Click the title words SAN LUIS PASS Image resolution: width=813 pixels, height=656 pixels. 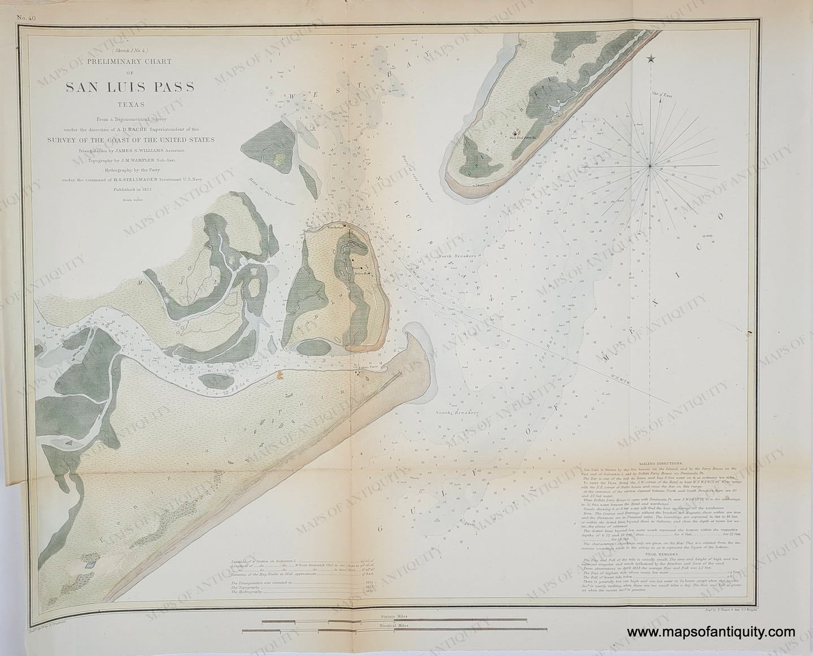130,88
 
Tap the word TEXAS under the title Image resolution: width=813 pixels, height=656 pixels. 130,105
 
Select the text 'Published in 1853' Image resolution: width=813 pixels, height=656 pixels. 130,190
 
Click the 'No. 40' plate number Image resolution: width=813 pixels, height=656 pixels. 26,18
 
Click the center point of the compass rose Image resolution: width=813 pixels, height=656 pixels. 650,165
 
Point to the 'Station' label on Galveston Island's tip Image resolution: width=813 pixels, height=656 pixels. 482,185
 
